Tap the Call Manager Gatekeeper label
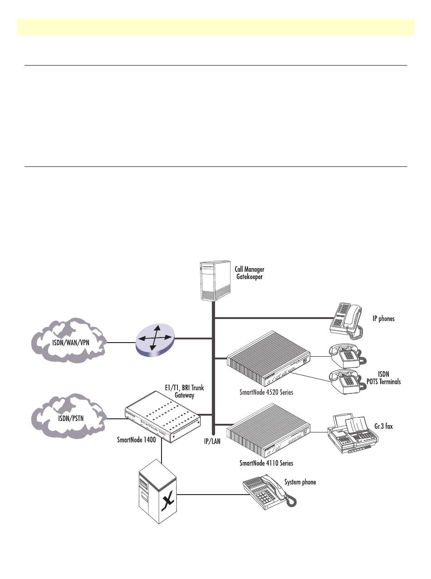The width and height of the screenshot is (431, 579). click(249, 273)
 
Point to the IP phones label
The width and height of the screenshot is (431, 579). click(383, 319)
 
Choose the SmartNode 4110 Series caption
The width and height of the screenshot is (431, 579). click(266, 463)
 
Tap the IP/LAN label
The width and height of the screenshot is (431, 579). click(211, 441)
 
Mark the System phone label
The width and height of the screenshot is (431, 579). click(300, 482)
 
